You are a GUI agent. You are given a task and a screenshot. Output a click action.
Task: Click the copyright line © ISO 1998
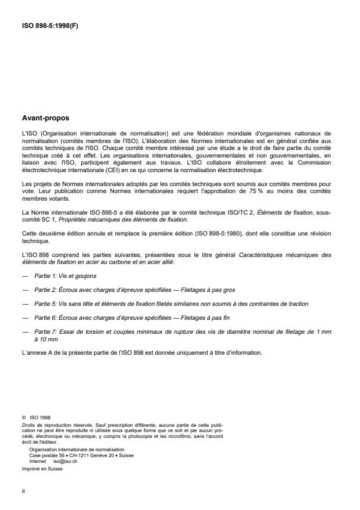[35, 416]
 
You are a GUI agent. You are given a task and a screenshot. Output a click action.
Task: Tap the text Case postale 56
[47, 455]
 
